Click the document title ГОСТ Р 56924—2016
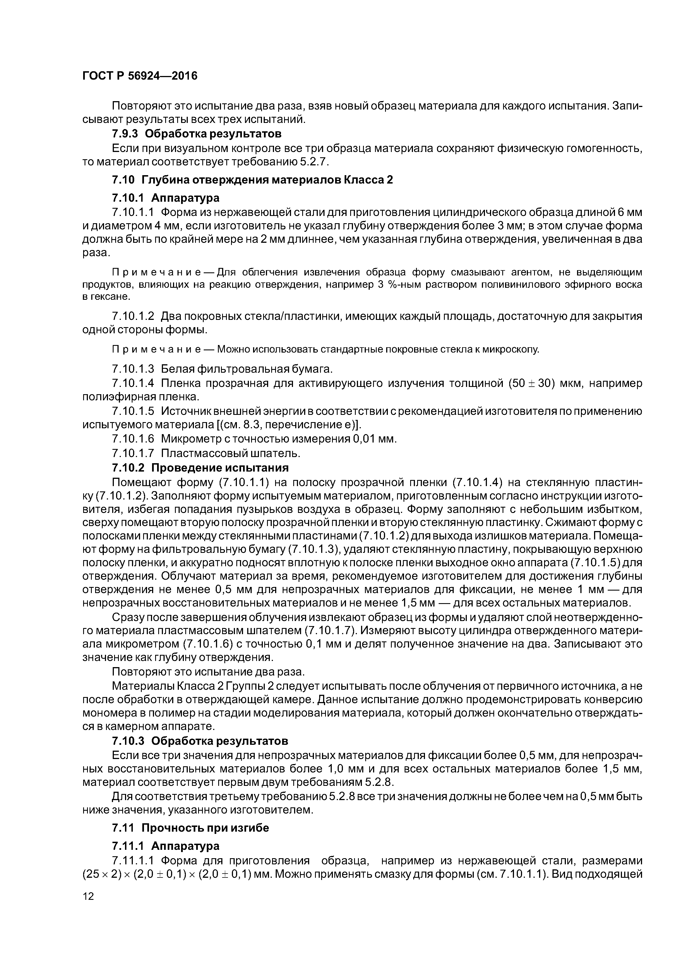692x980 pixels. point(140,76)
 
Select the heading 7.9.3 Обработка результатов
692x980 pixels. point(196,134)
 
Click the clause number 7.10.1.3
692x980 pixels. point(133,368)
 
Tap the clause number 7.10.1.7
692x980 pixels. point(133,453)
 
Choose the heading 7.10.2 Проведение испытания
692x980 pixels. point(200,468)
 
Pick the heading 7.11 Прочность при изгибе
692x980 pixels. point(190,828)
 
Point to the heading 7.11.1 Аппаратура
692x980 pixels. point(165,846)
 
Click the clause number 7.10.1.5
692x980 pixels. point(133,411)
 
